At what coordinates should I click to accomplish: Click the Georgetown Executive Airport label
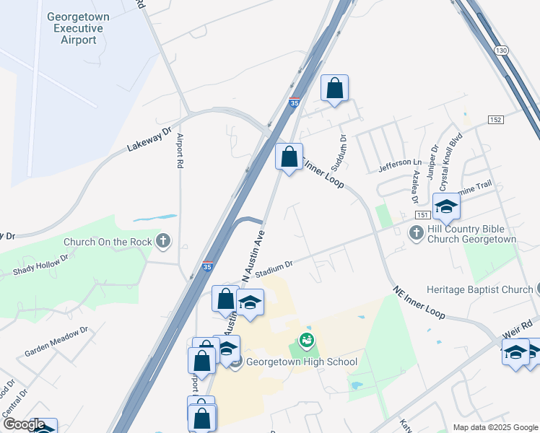pyautogui.click(x=77, y=28)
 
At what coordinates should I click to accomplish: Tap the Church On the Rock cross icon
pyautogui.click(x=163, y=241)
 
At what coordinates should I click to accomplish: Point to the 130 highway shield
pyautogui.click(x=501, y=49)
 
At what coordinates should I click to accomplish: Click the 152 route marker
pyautogui.click(x=495, y=119)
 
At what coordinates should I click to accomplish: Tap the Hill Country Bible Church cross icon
pyautogui.click(x=416, y=232)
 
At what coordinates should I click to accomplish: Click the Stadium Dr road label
pyautogui.click(x=273, y=268)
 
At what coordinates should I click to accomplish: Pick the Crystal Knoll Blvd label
pyautogui.click(x=450, y=160)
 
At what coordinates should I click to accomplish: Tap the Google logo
pyautogui.click(x=23, y=424)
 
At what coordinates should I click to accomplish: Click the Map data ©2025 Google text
pyautogui.click(x=495, y=427)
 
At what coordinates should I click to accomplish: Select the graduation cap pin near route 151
pyautogui.click(x=446, y=206)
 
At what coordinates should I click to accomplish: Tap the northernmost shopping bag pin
pyautogui.click(x=334, y=89)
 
